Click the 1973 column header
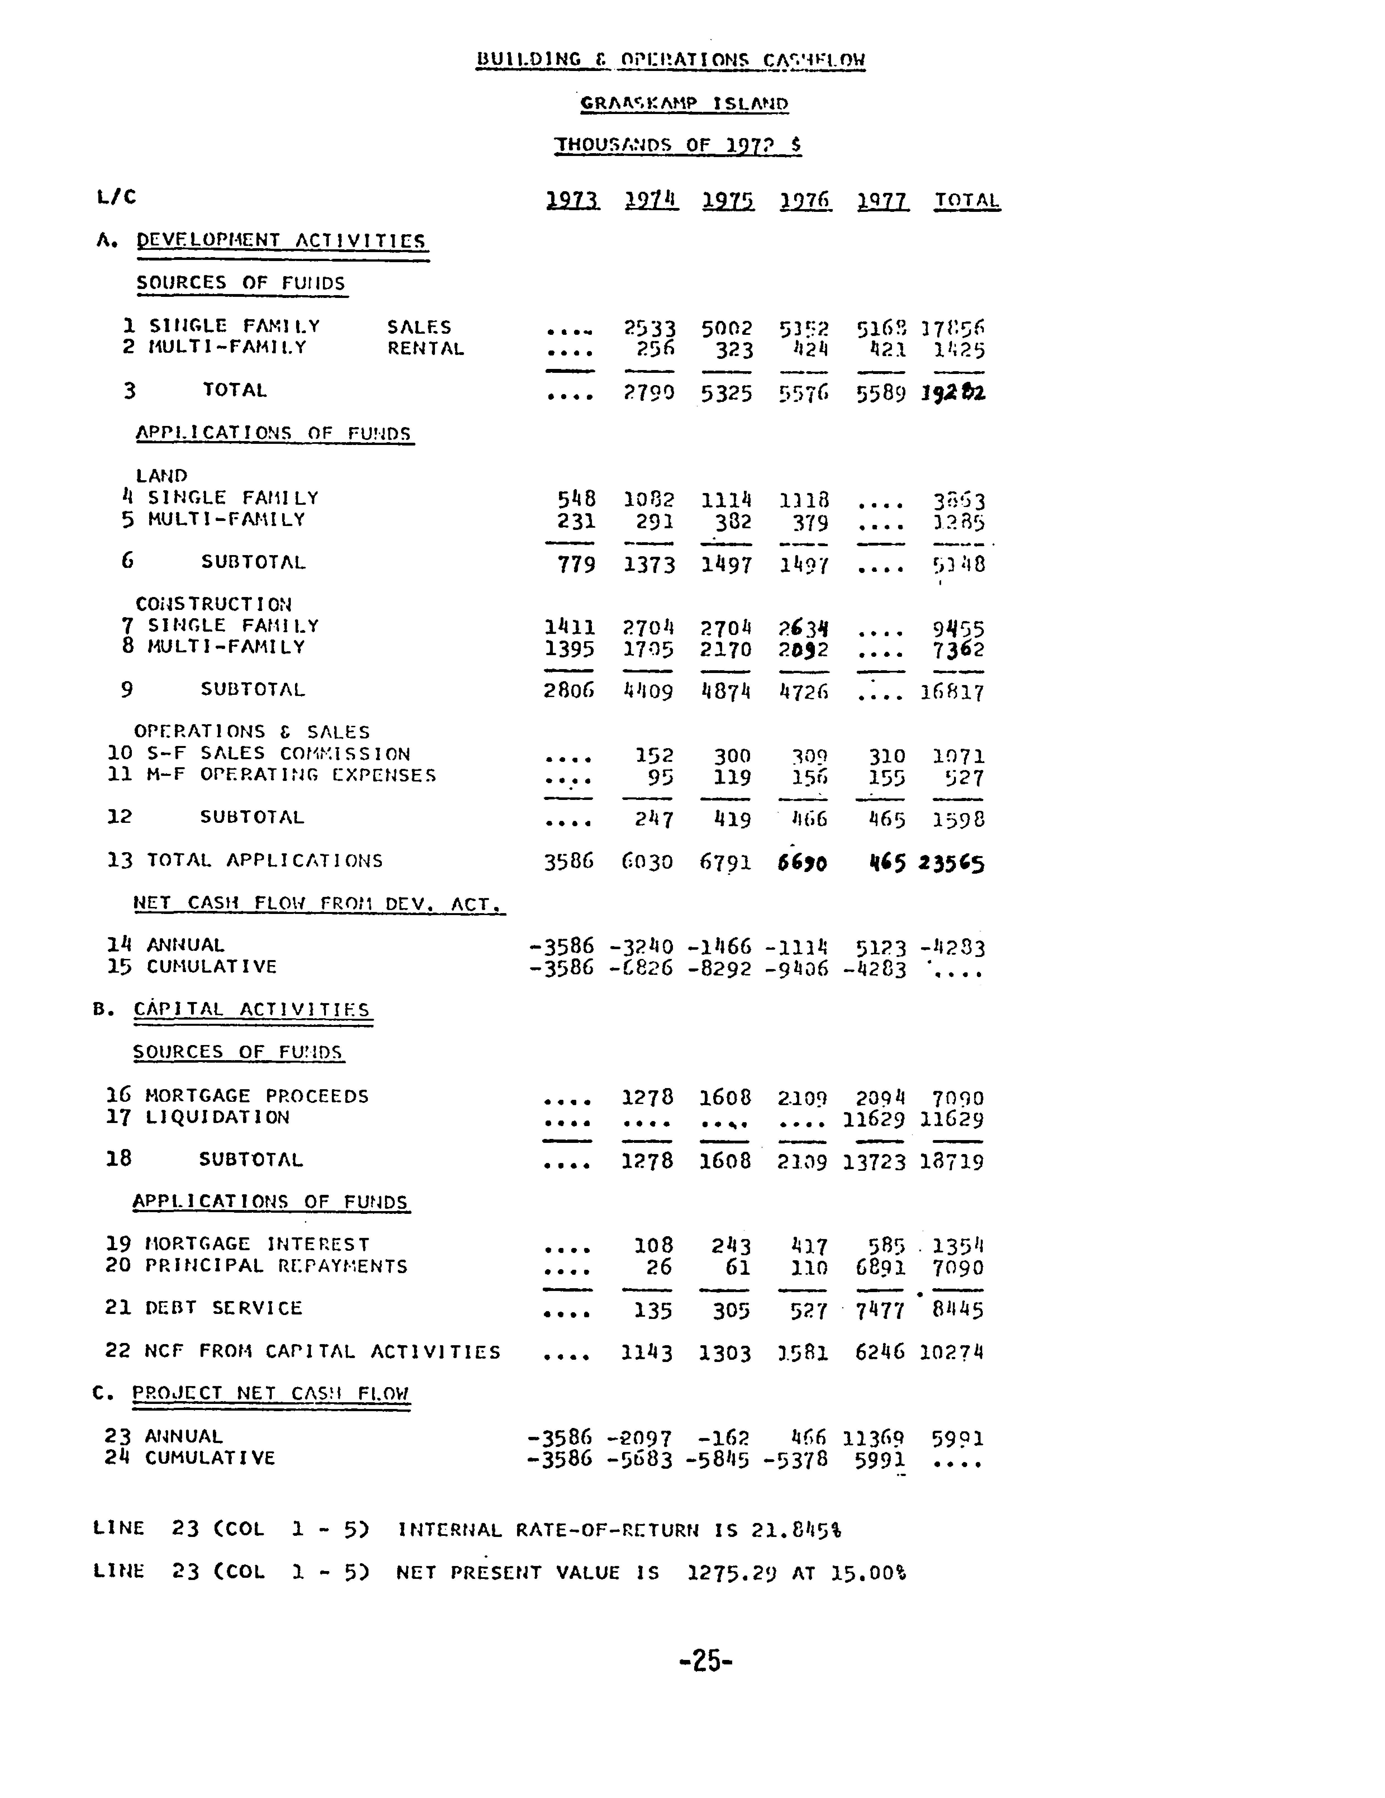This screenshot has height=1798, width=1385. click(x=573, y=200)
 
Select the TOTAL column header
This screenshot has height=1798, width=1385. click(x=967, y=200)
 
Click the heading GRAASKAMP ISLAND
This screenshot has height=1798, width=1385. click(x=684, y=104)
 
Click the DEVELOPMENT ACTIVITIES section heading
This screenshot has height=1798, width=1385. click(x=281, y=240)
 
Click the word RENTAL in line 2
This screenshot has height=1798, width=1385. click(x=425, y=348)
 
